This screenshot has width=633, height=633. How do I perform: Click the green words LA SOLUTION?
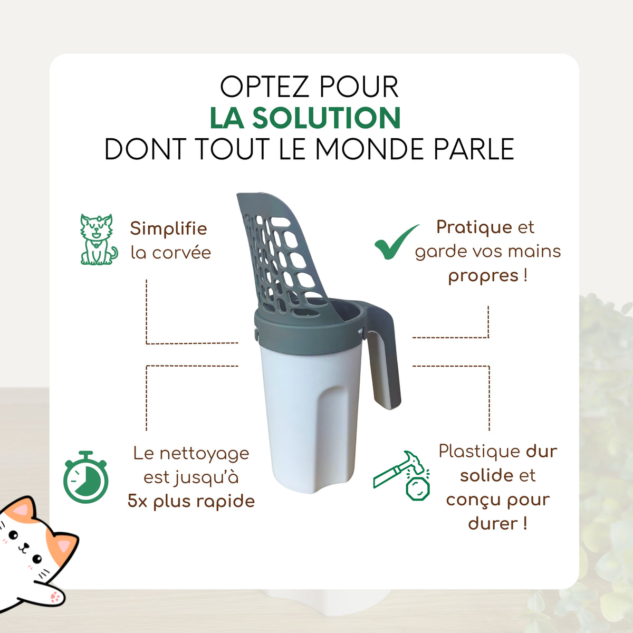(305, 118)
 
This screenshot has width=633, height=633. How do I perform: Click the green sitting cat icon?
(98, 239)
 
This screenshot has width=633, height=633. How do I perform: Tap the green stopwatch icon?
(86, 478)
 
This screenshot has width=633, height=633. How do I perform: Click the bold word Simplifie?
(168, 228)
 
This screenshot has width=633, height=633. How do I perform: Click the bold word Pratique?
(474, 227)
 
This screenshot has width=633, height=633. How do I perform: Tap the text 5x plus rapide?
(191, 501)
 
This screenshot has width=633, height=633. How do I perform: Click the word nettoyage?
(204, 453)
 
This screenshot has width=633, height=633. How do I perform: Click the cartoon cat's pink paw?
(54, 598)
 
